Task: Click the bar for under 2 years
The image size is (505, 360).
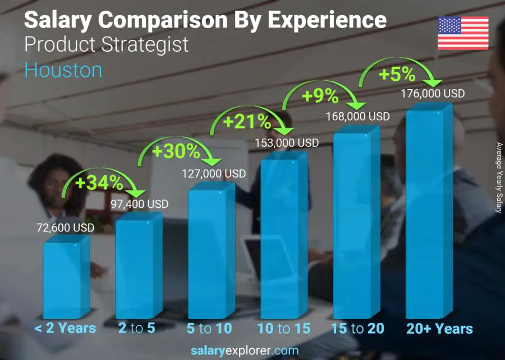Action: [x=66, y=278]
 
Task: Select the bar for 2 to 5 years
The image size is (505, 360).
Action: [x=138, y=267]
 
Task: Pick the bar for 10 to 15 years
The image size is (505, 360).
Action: [x=283, y=236]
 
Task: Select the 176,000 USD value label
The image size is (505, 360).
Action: [x=433, y=94]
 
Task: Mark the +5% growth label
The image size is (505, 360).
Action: [x=396, y=74]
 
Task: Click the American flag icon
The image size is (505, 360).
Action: [x=463, y=33]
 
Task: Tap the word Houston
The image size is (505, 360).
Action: [x=63, y=70]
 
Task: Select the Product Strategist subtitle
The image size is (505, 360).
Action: [x=107, y=45]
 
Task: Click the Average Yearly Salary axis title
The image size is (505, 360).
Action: [x=498, y=177]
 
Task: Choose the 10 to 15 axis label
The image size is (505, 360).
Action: [x=283, y=329]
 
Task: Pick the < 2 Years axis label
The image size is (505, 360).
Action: [x=65, y=329]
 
